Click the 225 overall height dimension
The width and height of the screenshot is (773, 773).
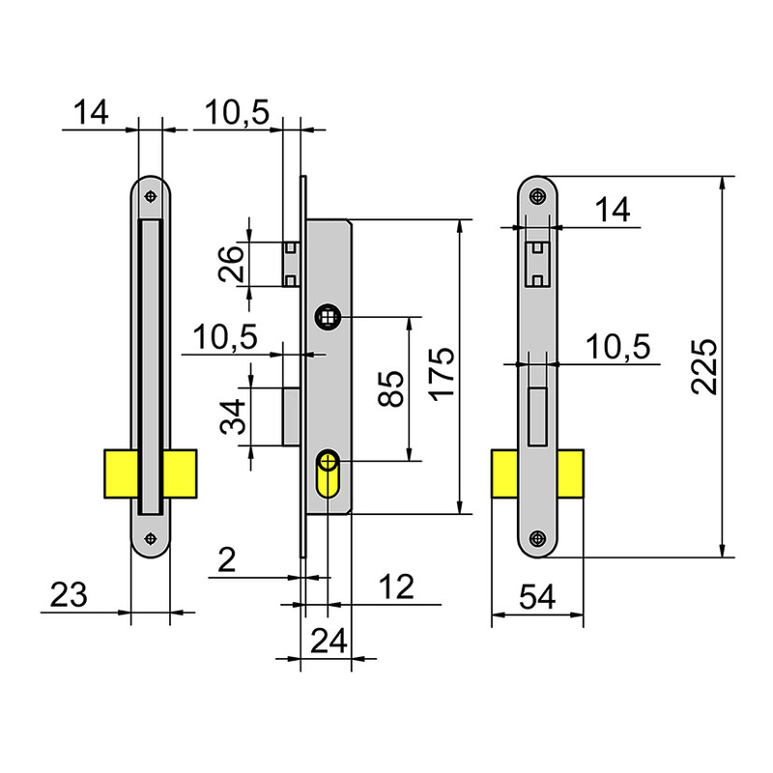coord(703,366)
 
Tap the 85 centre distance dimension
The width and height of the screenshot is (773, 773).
coord(390,388)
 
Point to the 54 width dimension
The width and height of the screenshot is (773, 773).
coord(537,596)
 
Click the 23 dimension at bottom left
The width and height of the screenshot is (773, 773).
coord(69,594)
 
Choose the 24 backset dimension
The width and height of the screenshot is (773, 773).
coord(329,641)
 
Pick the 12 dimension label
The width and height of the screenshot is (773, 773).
coord(396,587)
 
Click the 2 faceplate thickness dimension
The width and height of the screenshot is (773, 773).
coord(227,560)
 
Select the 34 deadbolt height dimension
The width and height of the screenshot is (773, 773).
coord(232,416)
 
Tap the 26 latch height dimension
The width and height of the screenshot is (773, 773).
coord(231,264)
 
